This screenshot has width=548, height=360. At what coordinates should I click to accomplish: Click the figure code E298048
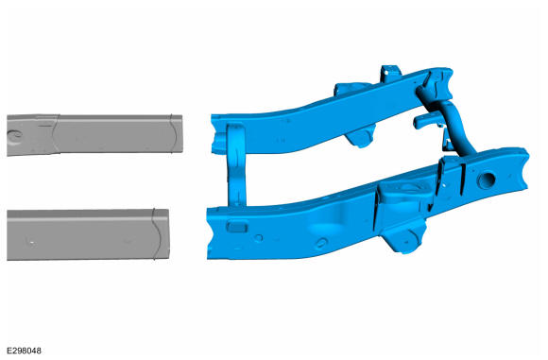coord(24,351)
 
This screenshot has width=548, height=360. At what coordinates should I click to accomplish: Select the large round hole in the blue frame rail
coord(486,180)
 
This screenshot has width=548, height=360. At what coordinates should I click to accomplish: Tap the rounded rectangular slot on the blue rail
coord(237,227)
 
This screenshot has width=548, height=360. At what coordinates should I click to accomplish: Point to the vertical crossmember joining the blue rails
coord(236,165)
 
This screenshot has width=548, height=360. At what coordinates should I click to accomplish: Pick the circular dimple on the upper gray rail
coord(16,136)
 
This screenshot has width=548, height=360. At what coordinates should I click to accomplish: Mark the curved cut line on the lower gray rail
coord(157,234)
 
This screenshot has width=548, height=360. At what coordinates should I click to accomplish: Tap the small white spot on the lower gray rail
coord(32,242)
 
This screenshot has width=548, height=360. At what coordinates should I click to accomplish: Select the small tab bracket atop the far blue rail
coord(390,73)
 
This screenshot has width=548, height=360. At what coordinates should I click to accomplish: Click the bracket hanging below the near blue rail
coord(404,238)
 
